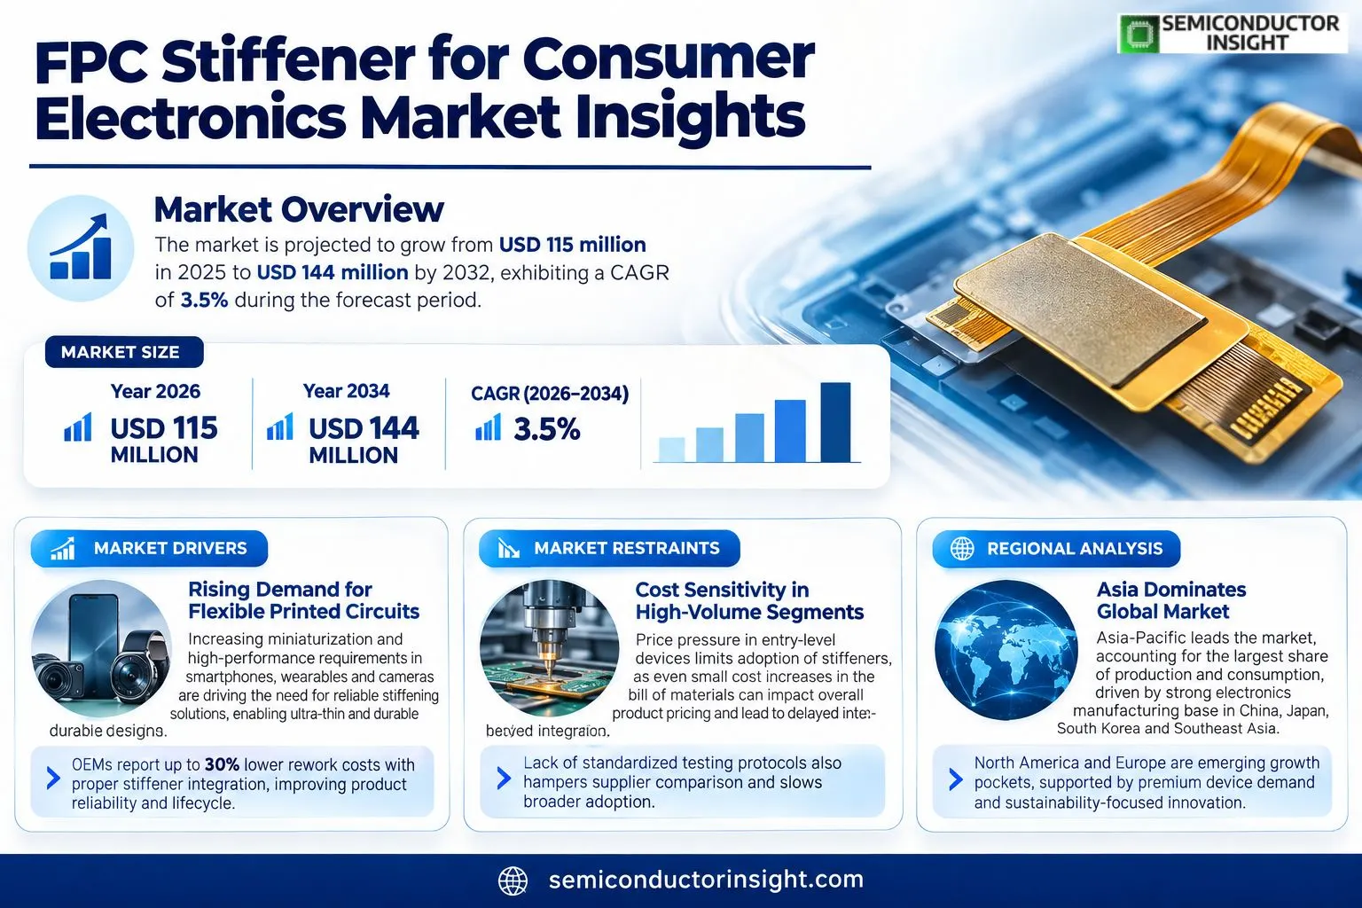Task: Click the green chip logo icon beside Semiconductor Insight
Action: [x=1139, y=34]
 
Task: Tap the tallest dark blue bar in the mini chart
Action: [x=835, y=422]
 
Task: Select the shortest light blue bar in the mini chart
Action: [x=672, y=450]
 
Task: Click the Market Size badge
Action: [x=124, y=352]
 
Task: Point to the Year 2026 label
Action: [x=155, y=391]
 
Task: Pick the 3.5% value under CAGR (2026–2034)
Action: [x=546, y=429]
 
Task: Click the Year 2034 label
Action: [x=346, y=391]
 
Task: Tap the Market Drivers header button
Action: [x=149, y=549]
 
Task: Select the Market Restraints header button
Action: [x=609, y=549]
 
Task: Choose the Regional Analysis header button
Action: [x=1056, y=549]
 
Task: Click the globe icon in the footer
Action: [x=513, y=881]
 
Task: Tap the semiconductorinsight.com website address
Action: [x=706, y=880]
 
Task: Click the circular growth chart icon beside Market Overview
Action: [x=81, y=248]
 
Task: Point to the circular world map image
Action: [x=1006, y=650]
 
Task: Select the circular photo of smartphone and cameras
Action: [x=101, y=648]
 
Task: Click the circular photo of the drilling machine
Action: [x=549, y=648]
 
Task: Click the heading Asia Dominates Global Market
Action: [x=1171, y=600]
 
